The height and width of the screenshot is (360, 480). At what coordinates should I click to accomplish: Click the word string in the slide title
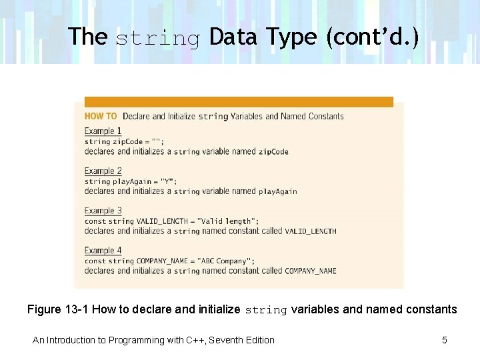158,38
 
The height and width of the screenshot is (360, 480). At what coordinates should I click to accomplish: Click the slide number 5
445,340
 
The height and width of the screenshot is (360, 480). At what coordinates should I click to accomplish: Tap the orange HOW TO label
101,116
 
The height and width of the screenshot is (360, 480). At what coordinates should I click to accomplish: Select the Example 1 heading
103,131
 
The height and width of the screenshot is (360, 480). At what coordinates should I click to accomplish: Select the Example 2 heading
103,171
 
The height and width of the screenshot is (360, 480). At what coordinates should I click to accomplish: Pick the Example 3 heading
103,211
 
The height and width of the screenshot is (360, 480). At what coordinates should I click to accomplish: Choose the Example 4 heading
103,251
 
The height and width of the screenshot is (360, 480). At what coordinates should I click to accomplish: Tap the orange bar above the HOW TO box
239,102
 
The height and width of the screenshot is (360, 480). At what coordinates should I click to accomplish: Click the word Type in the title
293,37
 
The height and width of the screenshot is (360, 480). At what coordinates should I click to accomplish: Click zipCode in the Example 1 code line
127,141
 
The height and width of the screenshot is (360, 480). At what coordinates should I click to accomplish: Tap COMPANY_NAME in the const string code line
162,261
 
